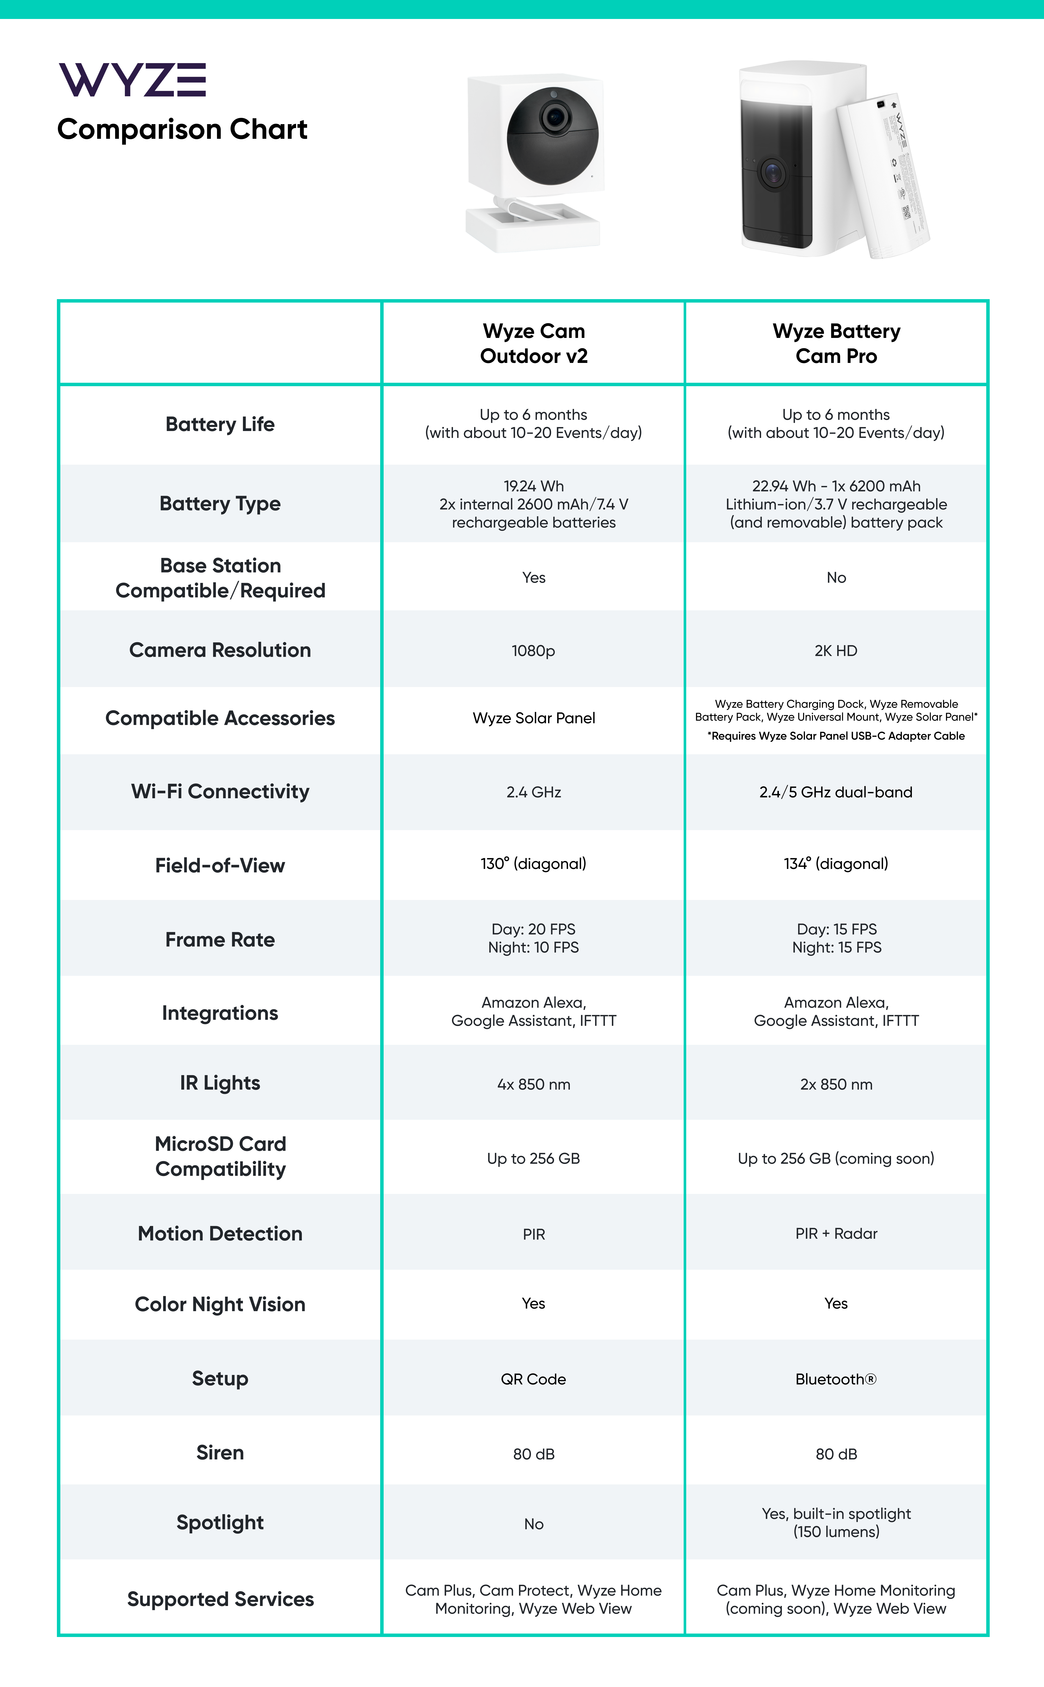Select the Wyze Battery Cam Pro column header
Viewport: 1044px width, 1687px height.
pos(836,343)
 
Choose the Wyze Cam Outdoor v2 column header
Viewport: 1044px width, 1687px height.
pos(534,343)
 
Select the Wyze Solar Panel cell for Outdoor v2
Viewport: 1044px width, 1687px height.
pos(534,718)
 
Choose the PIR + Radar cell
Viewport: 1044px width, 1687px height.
pos(836,1234)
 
